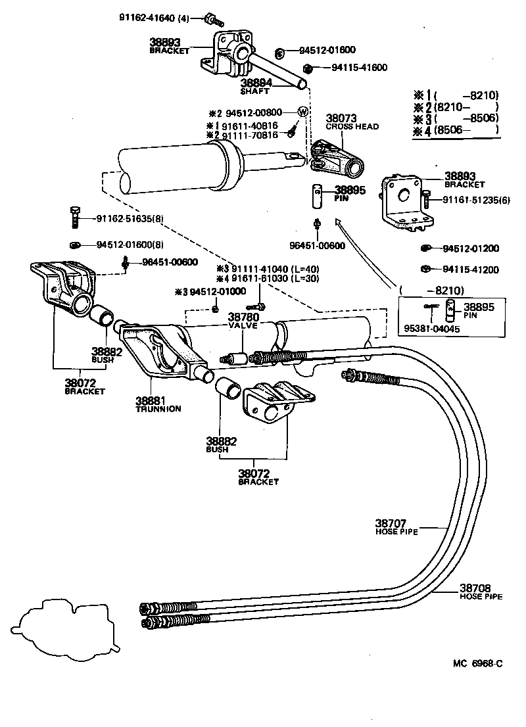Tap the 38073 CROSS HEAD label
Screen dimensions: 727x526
click(x=352, y=122)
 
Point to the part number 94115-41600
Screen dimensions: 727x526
click(x=359, y=67)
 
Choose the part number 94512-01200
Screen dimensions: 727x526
click(x=471, y=248)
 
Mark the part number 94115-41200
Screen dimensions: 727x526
click(x=471, y=270)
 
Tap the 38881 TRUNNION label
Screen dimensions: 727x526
click(x=158, y=404)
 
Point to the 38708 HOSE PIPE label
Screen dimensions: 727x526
click(x=480, y=592)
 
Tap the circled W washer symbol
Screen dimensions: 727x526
click(x=302, y=112)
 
